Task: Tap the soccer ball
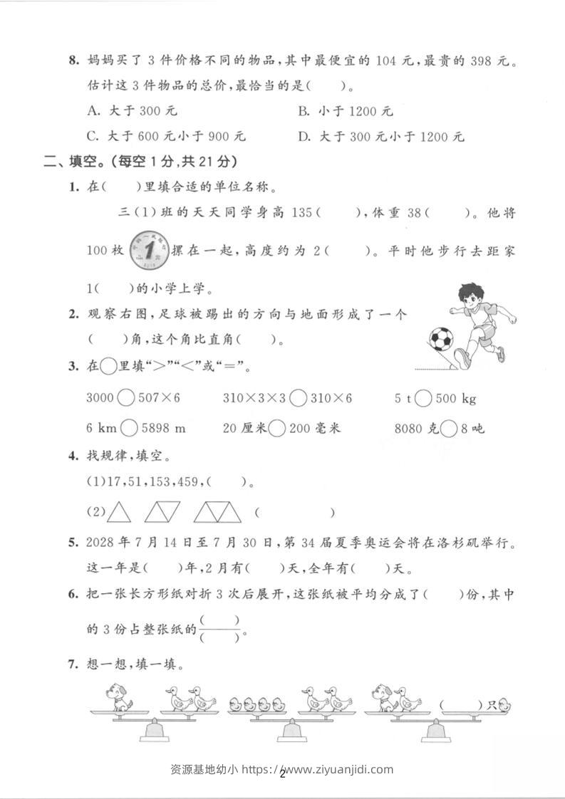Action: (440, 339)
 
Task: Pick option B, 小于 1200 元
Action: (345, 111)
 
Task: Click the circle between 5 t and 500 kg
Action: (423, 399)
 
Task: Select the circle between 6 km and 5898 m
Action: (130, 428)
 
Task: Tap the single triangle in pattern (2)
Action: (120, 511)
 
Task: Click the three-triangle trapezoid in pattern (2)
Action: (218, 511)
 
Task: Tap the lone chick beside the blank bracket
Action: (504, 706)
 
